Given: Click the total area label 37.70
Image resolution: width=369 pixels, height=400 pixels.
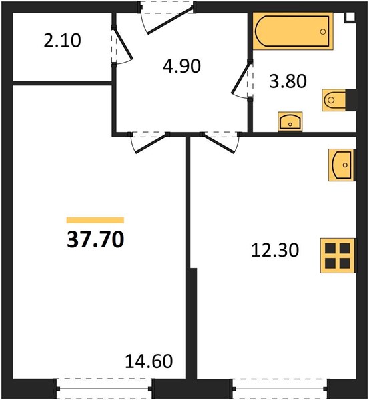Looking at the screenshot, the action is point(95,239).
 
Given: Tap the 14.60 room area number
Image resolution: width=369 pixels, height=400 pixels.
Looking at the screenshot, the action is point(149,361).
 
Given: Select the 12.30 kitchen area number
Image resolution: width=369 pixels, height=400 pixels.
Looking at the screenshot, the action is point(275,250).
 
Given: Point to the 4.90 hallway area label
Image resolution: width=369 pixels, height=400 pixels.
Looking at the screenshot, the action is point(181,66).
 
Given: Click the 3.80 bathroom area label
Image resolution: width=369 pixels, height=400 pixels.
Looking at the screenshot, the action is point(288,81).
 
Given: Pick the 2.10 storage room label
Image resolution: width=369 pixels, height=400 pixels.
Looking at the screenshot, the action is point(62,41).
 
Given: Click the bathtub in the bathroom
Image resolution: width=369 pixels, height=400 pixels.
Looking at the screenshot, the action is point(293,31).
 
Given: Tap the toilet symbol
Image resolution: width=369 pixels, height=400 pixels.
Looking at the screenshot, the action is point(334,100).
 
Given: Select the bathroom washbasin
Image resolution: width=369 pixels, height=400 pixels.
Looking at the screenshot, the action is point(290,121).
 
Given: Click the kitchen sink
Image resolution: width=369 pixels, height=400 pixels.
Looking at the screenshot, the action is point(342,165).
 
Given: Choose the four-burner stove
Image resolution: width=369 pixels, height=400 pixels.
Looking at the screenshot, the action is point(338,255).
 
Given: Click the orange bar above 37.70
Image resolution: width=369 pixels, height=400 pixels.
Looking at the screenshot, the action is point(95,220).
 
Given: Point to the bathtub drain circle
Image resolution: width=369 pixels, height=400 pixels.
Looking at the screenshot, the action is point(323,31).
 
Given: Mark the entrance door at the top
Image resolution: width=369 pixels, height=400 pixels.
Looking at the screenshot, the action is point(167,19).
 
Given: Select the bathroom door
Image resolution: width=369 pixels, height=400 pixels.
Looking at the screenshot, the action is point(242,80).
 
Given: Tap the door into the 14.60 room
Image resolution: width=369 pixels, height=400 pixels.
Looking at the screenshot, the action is point(149,142).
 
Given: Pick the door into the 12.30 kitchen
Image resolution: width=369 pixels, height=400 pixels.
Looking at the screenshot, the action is point(221,142).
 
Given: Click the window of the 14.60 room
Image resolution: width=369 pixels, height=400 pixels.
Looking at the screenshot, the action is point(104,389).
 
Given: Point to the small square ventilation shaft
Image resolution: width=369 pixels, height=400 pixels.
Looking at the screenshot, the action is point(350,17).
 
